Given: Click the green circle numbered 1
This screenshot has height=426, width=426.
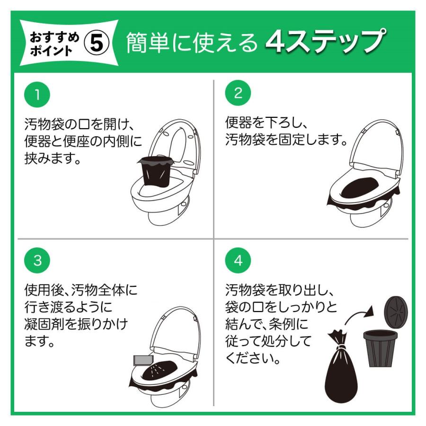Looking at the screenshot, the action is [37, 95].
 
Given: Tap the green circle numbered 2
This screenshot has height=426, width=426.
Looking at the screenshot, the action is [238, 93].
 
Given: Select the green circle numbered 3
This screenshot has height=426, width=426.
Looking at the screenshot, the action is [37, 260].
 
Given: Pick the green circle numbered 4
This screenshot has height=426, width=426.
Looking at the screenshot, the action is [238, 260].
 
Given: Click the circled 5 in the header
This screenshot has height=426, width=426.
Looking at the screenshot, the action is [97, 44].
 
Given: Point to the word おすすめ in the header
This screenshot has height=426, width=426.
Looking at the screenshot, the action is [54, 37].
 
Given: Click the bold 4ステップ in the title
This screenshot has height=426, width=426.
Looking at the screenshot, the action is [325, 41].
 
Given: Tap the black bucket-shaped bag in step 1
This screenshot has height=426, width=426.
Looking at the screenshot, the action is [156, 171].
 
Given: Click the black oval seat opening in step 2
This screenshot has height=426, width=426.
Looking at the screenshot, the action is [358, 188].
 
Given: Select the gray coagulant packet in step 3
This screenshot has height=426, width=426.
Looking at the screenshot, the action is [143, 360].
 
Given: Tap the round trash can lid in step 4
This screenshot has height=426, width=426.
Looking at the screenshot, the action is [396, 311].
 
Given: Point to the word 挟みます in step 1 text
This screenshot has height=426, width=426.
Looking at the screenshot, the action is [49, 158].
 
